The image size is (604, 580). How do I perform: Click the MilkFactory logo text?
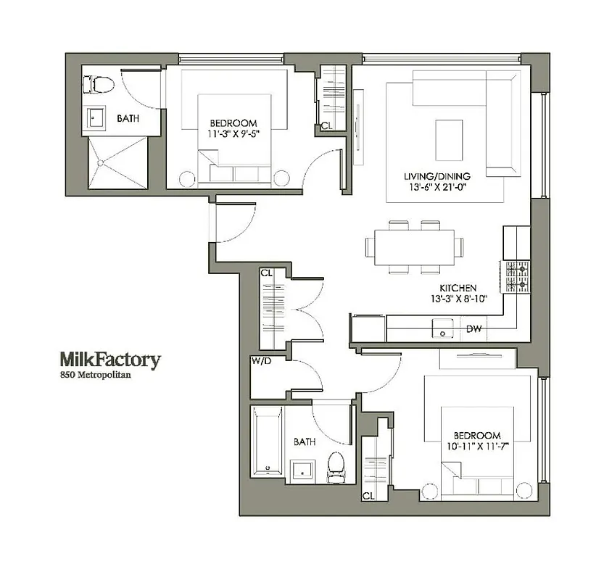[x=109, y=360]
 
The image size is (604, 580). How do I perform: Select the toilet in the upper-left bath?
[x=102, y=86]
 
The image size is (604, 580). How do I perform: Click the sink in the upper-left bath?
[x=95, y=117]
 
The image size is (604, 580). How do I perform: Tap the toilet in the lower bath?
[x=336, y=467]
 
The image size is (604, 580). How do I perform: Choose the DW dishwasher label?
[x=473, y=329]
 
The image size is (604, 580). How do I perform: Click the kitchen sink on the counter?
[x=440, y=329]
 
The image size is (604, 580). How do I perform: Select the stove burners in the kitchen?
[x=517, y=276]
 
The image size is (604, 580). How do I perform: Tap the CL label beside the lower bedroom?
[x=369, y=496]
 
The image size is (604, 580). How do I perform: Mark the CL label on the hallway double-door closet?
[x=266, y=274]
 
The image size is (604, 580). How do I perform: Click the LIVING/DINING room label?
[x=437, y=176]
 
